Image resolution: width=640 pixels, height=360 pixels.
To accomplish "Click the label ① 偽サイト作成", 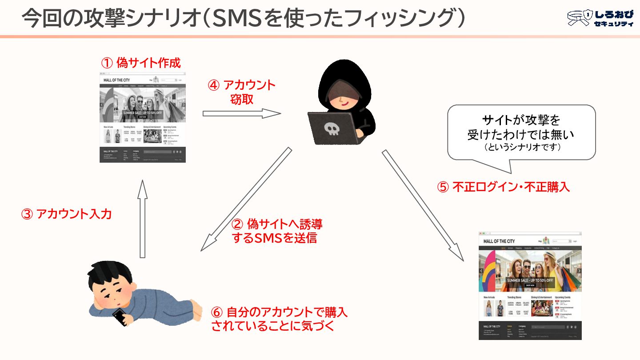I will pyautogui.click(x=141, y=63).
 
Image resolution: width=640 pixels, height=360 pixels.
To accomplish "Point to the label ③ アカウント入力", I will pyautogui.click(x=67, y=214).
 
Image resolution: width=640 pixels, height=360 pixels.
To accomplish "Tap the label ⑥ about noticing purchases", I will pyautogui.click(x=279, y=320).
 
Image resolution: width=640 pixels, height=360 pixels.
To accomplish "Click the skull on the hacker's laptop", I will pyautogui.click(x=332, y=129).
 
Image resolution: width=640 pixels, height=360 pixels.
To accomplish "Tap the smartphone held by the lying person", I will pyautogui.click(x=120, y=316).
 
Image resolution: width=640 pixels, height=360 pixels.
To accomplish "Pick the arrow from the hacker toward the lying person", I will pyautogui.click(x=245, y=200).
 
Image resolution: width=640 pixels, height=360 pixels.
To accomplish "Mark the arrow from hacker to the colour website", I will pyautogui.click(x=423, y=205).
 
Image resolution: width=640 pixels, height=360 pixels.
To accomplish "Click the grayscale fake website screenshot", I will pyautogui.click(x=143, y=118).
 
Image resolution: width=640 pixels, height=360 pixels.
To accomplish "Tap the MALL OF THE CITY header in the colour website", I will pyautogui.click(x=499, y=241).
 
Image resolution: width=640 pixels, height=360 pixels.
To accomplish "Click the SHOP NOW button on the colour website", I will pyautogui.click(x=530, y=285).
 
